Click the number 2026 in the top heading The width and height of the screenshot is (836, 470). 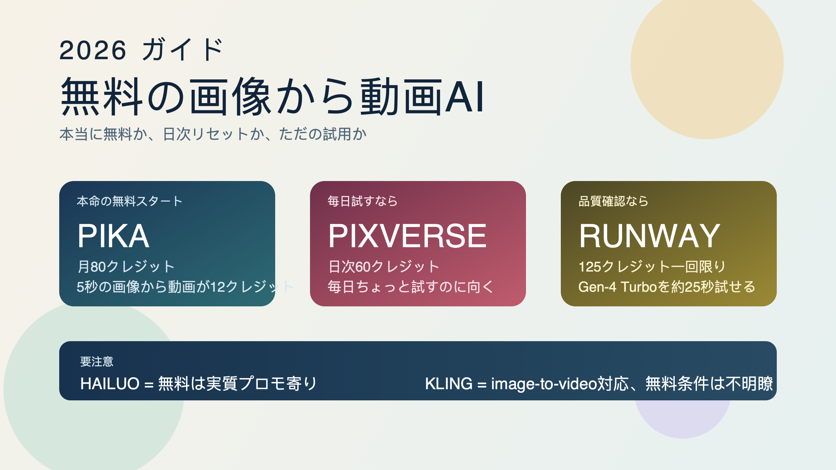click(x=93, y=50)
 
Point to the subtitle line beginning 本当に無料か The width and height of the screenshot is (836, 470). click(x=213, y=134)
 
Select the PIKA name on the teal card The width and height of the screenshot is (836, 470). click(x=113, y=236)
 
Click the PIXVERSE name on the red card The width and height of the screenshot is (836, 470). click(x=407, y=236)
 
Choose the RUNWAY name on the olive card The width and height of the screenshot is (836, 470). click(x=649, y=236)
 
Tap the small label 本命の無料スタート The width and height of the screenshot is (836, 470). click(x=130, y=201)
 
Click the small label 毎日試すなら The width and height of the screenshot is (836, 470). click(x=362, y=201)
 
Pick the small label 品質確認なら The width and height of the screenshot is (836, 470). click(x=613, y=201)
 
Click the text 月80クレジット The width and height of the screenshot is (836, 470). click(x=126, y=267)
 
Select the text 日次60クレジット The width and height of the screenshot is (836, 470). click(x=384, y=267)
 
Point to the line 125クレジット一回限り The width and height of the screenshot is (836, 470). click(x=652, y=267)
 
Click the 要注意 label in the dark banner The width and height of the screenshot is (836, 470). click(x=97, y=361)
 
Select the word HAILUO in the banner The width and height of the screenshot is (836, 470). click(x=110, y=384)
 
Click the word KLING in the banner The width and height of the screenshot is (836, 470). click(x=449, y=384)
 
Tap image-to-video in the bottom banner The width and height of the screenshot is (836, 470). click(x=544, y=384)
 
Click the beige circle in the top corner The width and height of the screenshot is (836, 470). click(x=707, y=63)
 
